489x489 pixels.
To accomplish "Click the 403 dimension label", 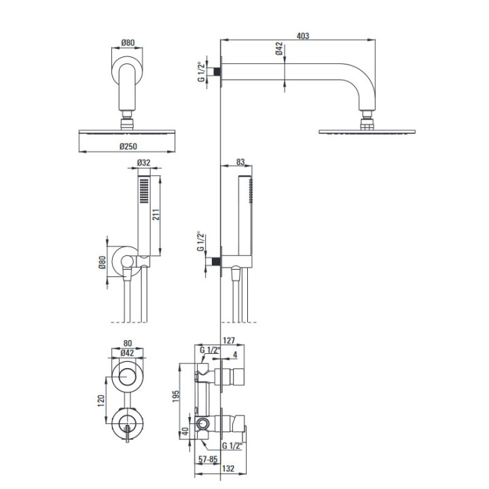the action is (302, 36).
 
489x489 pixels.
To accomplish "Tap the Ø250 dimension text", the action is (128, 146).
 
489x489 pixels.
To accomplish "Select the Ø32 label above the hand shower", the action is (143, 162).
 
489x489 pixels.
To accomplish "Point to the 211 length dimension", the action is (156, 215).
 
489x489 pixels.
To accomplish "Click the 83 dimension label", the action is (240, 162).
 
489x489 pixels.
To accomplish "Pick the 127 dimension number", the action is (229, 340).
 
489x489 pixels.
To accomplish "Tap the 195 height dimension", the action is (176, 396).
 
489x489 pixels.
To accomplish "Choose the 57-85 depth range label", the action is (208, 459).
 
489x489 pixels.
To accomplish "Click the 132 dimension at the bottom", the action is (228, 469).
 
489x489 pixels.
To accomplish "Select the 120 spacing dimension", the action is (101, 401).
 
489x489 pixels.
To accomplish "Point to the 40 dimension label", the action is (185, 432).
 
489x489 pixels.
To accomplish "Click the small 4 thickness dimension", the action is (235, 355).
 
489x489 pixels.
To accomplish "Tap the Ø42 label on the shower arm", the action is (279, 49).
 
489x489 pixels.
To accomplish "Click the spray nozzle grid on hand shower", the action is (144, 191).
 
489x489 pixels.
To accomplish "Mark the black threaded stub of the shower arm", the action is (217, 71).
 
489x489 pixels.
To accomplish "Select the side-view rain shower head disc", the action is (367, 132).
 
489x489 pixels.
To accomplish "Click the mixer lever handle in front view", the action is (128, 434).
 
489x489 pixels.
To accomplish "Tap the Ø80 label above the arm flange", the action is (128, 42).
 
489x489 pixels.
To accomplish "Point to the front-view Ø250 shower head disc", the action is (127, 132).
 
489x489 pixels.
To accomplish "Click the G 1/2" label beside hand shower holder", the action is (200, 241).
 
